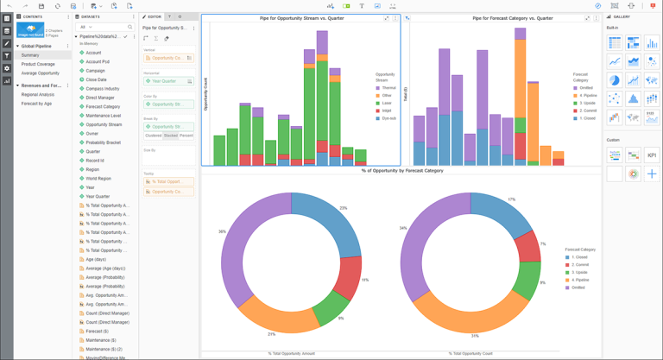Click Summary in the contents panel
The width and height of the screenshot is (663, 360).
click(30, 55)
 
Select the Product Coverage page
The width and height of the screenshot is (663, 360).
click(38, 64)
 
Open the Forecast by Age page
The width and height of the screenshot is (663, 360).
click(36, 104)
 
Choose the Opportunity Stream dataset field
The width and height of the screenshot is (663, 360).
click(104, 124)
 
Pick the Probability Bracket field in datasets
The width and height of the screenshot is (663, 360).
click(103, 142)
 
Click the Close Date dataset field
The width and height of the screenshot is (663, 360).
click(96, 79)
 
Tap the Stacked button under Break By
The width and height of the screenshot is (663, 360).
click(170, 136)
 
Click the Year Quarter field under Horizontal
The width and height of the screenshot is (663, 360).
click(166, 81)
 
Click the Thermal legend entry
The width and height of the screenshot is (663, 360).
click(388, 87)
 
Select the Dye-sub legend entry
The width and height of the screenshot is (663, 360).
click(388, 118)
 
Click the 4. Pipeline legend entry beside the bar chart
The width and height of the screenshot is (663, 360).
click(588, 95)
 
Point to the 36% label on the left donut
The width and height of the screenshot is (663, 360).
click(222, 231)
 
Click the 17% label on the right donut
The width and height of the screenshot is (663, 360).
click(512, 199)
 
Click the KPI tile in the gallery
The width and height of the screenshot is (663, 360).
click(651, 155)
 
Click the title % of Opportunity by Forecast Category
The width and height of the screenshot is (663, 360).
click(401, 171)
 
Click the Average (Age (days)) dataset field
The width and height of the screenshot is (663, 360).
click(105, 268)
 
